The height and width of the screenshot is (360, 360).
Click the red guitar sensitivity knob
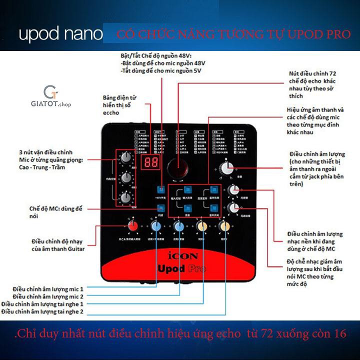pyautogui.click(x=132, y=226)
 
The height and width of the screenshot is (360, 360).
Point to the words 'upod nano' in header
pyautogui.click(x=60, y=34)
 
